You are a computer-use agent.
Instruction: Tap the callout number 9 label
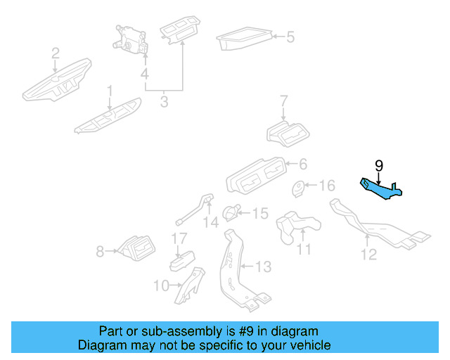pos(379,166)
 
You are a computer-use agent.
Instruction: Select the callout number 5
pos(290,37)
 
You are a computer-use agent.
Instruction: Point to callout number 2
pos(55,53)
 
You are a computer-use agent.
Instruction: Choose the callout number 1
pos(110,91)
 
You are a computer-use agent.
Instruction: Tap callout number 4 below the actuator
pos(144,74)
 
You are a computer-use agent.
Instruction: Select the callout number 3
pos(164,102)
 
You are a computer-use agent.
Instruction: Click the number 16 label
pos(328,186)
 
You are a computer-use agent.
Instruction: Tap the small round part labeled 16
pos(299,188)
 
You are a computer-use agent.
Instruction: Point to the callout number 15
pos(259,212)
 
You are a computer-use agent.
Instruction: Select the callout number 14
pos(211,224)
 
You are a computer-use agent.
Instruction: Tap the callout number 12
pos(369,255)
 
